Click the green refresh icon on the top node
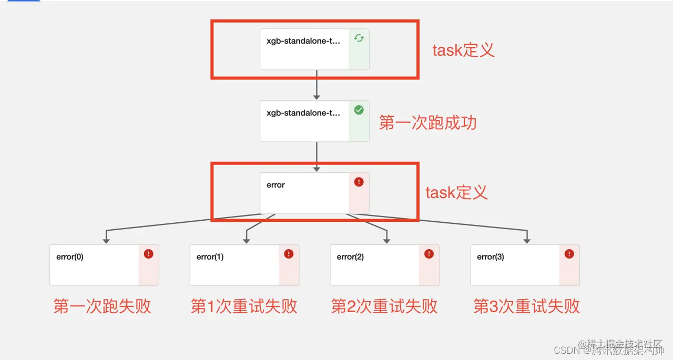359,38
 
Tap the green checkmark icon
359,110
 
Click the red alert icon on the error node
359,182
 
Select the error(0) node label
70,257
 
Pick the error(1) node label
210,257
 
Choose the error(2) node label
350,257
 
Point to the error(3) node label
490,257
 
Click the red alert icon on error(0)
148,254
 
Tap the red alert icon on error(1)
289,254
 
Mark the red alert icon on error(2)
429,254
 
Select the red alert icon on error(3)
569,254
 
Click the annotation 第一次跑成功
427,123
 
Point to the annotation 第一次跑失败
102,306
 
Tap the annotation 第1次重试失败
244,306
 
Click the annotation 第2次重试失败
384,306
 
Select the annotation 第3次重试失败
526,306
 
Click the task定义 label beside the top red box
463,50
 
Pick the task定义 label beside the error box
456,192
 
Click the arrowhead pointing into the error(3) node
527,240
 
